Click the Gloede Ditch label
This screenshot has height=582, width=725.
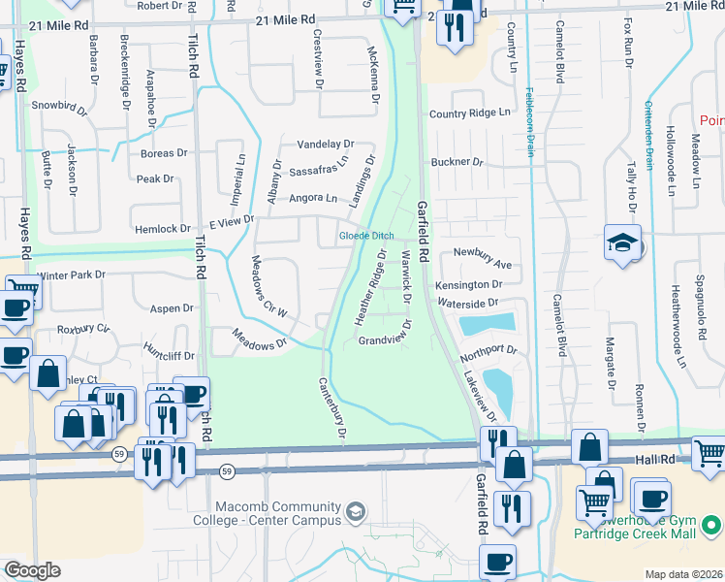366,236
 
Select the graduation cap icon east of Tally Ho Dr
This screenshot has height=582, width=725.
620,244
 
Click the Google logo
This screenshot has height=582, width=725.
32,570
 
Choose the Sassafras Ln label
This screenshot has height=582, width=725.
318,167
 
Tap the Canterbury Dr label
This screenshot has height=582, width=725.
332,408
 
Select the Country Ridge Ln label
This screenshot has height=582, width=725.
469,113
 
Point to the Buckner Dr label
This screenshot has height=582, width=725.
457,162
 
